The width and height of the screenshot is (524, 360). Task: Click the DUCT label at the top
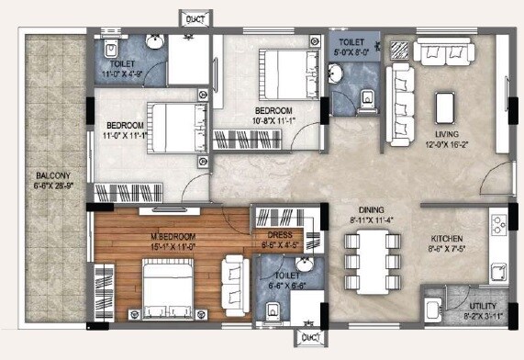pyautogui.click(x=195, y=17)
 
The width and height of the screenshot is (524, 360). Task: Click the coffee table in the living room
pyautogui.click(x=446, y=107)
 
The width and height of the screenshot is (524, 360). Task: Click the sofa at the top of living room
pyautogui.click(x=441, y=52)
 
